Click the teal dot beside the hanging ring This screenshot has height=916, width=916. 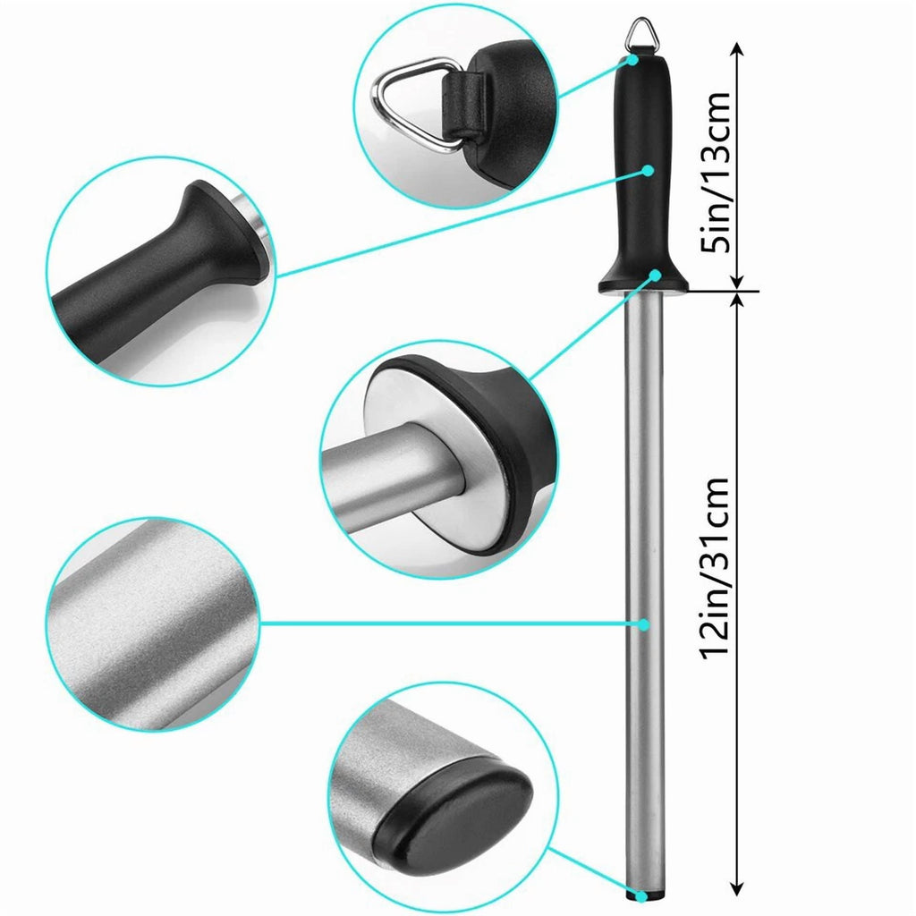pos(633,60)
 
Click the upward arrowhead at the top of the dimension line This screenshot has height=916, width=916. pos(736,50)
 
